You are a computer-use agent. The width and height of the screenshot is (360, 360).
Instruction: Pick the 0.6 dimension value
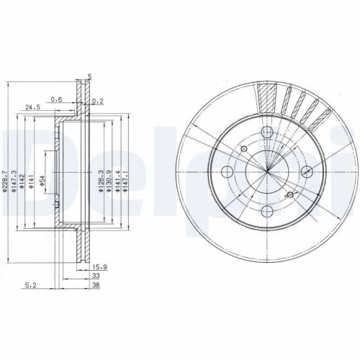(x=56, y=99)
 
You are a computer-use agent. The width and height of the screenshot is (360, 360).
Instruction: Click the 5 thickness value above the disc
(x=89, y=76)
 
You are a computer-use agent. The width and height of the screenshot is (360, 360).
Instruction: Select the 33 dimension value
(x=95, y=276)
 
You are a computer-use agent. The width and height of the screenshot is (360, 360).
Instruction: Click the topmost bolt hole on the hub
(x=266, y=132)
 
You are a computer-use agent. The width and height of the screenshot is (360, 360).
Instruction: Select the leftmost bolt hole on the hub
(x=227, y=171)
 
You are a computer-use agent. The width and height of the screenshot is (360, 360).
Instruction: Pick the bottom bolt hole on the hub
(x=266, y=211)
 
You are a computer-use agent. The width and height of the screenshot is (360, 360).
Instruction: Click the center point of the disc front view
(x=266, y=171)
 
